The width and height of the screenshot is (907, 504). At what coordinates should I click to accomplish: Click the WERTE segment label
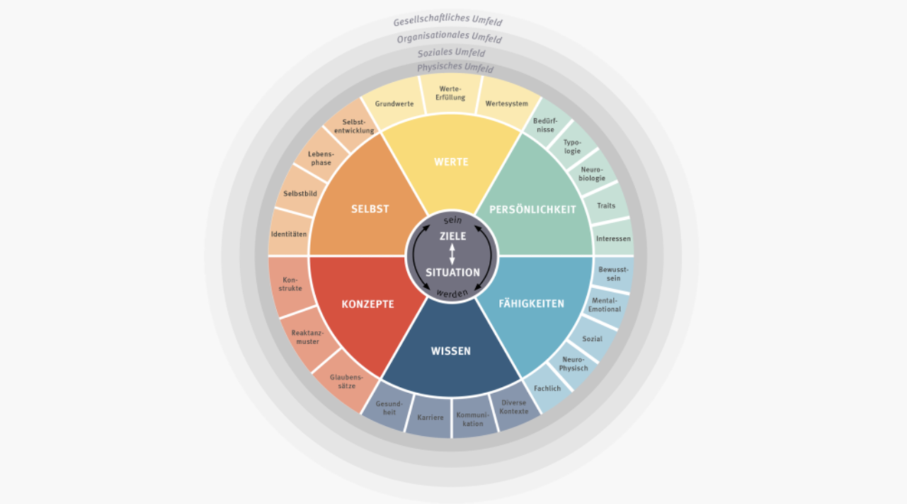tap(451, 162)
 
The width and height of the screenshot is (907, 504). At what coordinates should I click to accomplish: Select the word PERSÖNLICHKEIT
tap(532, 210)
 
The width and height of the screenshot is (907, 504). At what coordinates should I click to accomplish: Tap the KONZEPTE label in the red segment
tap(367, 304)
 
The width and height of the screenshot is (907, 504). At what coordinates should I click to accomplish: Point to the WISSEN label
tap(450, 351)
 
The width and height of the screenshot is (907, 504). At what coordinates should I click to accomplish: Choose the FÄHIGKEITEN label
tap(531, 303)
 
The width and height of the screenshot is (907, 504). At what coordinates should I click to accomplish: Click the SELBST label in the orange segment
tap(370, 209)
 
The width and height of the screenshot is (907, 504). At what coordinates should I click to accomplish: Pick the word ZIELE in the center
tap(452, 236)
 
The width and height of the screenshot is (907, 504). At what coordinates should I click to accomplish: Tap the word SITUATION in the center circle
tap(452, 273)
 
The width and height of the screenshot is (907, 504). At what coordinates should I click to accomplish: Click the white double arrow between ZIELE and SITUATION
tap(452, 254)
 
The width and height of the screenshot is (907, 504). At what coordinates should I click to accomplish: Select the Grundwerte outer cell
tap(394, 103)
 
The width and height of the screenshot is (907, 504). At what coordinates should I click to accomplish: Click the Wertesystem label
tap(506, 103)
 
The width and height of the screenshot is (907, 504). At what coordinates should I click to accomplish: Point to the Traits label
tap(606, 206)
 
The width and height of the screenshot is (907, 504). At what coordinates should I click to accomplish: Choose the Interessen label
tap(613, 239)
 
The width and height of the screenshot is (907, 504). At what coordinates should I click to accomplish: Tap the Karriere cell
tap(430, 418)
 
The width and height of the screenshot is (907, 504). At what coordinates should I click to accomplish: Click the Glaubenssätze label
tap(346, 382)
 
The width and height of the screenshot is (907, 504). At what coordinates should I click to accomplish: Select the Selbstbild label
tap(300, 193)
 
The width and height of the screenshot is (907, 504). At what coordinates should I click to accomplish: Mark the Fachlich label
tap(547, 388)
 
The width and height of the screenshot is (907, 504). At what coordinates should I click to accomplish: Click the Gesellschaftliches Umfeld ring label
tap(447, 20)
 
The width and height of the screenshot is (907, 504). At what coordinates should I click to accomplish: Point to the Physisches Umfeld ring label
tap(455, 67)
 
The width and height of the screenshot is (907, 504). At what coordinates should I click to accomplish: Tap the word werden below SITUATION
tap(452, 292)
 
